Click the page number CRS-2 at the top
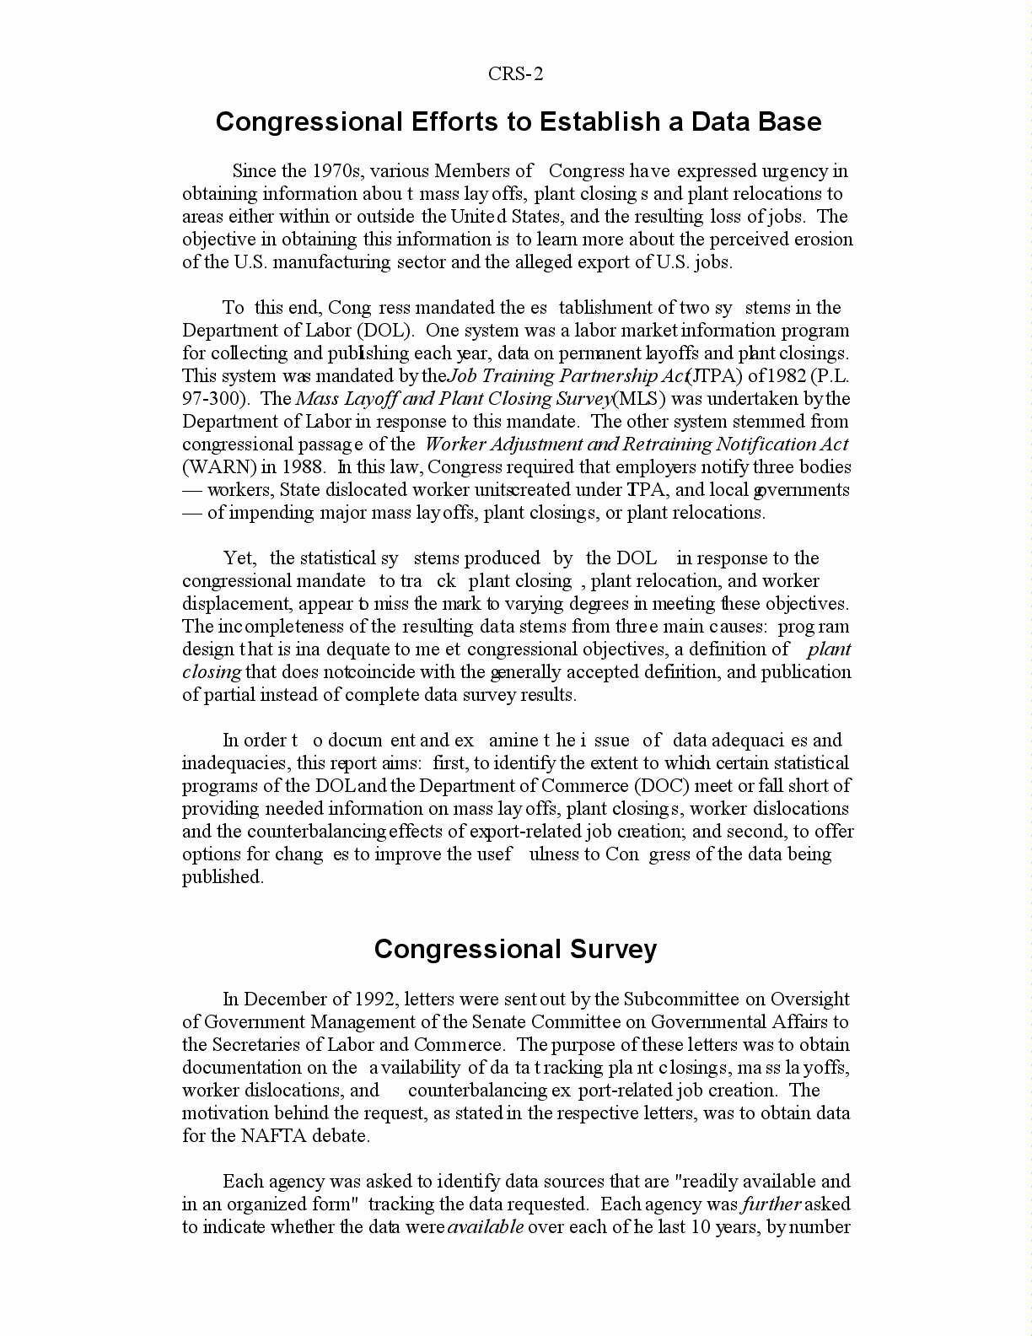[515, 74]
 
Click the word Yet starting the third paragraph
[239, 558]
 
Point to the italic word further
[771, 1204]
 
